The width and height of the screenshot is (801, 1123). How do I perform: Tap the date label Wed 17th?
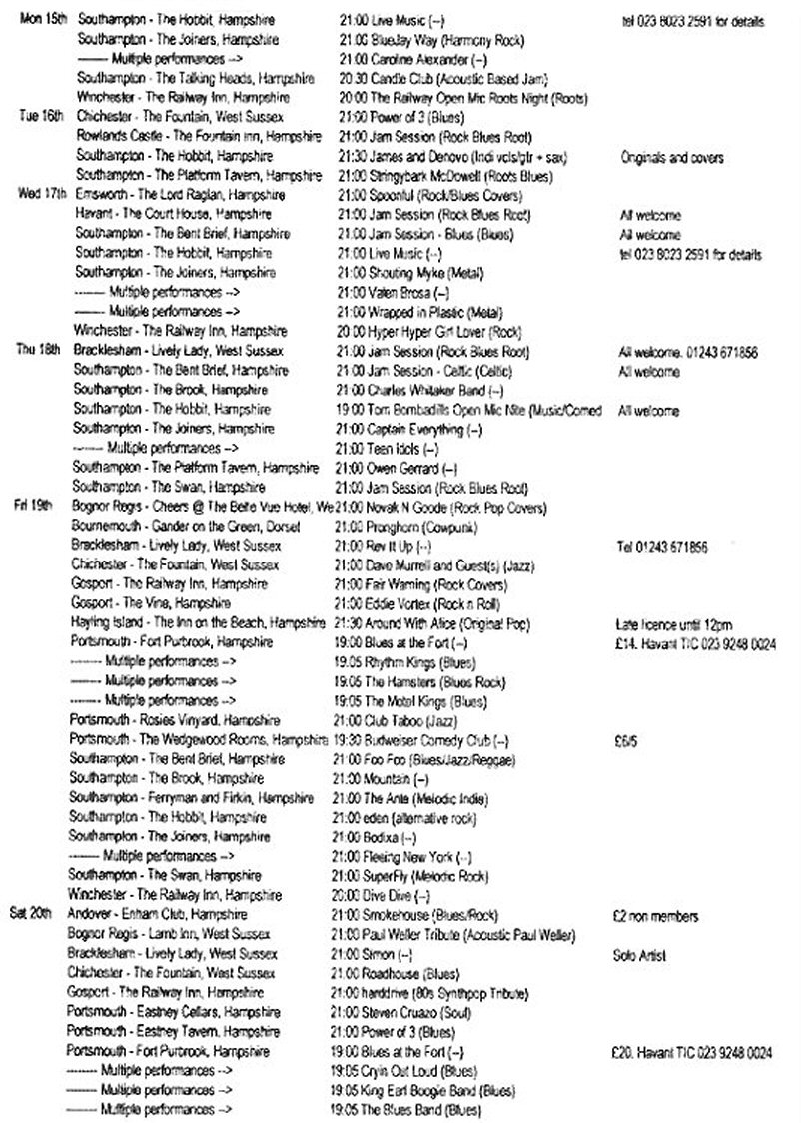[41, 193]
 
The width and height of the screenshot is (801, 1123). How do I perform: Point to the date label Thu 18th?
[40, 351]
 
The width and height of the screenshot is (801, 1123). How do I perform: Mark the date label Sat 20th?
[37, 915]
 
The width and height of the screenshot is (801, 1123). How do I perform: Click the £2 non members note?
[656, 915]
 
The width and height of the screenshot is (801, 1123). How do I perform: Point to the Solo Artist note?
[639, 954]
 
